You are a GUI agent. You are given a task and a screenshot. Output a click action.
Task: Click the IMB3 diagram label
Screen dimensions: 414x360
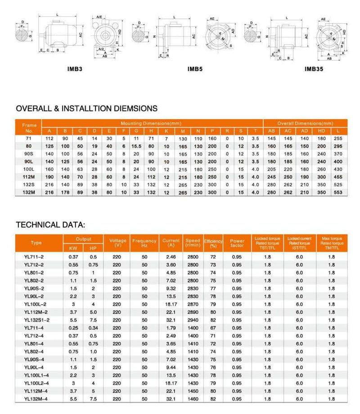[74, 70]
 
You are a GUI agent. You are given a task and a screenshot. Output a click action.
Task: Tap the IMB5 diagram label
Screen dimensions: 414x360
[196, 70]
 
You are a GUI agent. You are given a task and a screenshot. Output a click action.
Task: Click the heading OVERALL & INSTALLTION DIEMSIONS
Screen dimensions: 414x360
[86, 108]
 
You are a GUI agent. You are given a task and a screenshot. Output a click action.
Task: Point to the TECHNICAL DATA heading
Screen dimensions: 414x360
[50, 224]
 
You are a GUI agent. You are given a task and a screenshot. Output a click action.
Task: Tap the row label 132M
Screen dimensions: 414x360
[28, 192]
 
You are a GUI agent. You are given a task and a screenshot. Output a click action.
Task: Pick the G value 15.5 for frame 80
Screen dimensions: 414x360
[137, 147]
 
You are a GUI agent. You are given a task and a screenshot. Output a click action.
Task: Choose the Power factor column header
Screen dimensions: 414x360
[237, 243]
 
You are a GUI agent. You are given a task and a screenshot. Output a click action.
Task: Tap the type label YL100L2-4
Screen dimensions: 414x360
[37, 383]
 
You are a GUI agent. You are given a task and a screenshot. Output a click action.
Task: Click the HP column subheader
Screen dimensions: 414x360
[94, 248]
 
